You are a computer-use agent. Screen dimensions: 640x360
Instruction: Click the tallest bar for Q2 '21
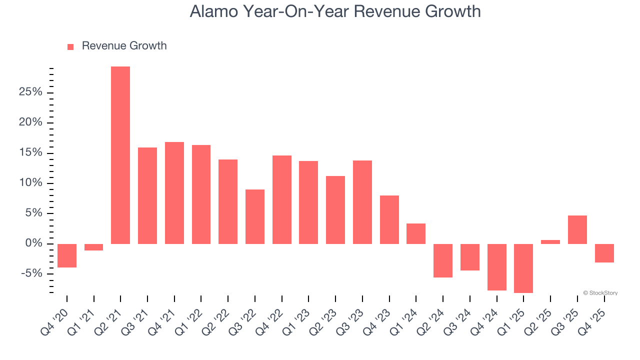pyautogui.click(x=120, y=155)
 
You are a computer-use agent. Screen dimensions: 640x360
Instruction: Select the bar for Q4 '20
pyautogui.click(x=67, y=255)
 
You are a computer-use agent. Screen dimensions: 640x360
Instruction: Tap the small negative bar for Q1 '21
pyautogui.click(x=93, y=247)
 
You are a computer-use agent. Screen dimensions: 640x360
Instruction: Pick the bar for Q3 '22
pyautogui.click(x=255, y=216)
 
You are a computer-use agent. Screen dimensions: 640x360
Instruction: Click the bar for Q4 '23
pyautogui.click(x=389, y=219)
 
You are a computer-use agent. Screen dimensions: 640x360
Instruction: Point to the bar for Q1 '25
pyautogui.click(x=523, y=268)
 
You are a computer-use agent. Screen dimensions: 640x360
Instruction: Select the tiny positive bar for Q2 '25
pyautogui.click(x=550, y=242)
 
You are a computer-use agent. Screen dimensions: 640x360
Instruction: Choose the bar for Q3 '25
pyautogui.click(x=577, y=229)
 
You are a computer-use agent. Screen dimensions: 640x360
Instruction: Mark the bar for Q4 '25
pyautogui.click(x=604, y=253)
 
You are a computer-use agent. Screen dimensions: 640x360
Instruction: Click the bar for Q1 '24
pyautogui.click(x=416, y=233)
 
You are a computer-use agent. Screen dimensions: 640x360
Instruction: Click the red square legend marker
pyautogui.click(x=70, y=46)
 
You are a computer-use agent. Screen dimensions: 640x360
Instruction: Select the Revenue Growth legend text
pyautogui.click(x=124, y=46)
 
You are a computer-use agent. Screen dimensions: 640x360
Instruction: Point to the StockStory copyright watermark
pyautogui.click(x=600, y=293)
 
